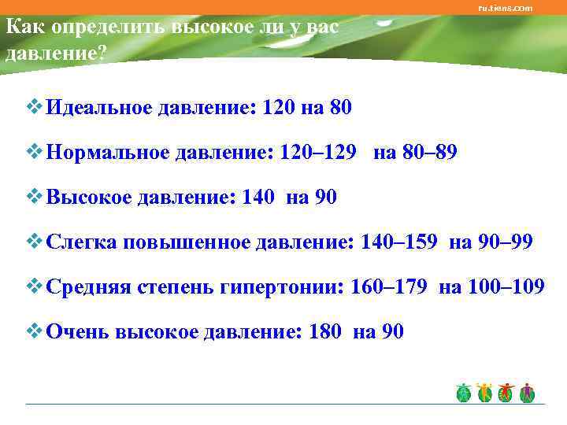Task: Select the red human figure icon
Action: click(505, 394)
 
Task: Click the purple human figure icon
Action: click(527, 394)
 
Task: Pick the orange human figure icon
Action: click(484, 394)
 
